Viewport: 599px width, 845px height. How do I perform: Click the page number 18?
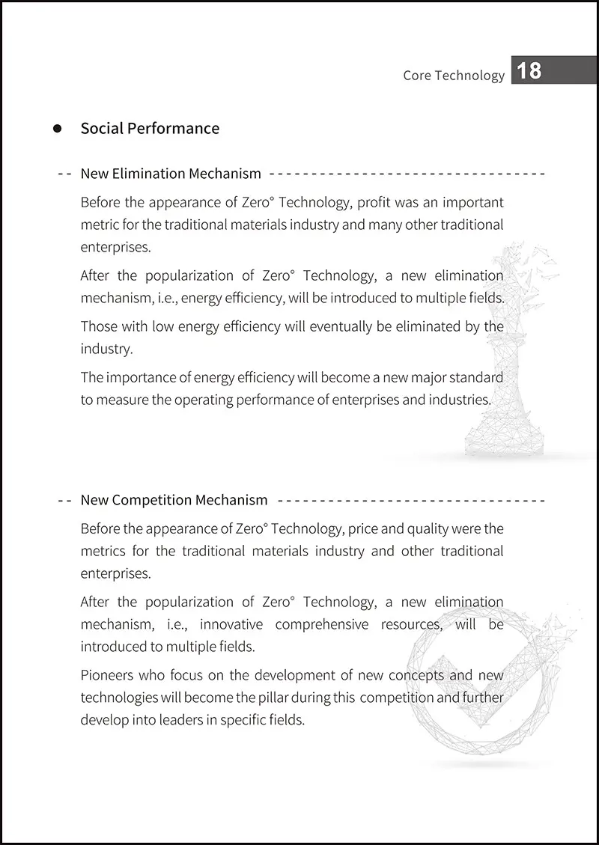[529, 70]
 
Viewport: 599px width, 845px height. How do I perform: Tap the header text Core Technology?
[454, 75]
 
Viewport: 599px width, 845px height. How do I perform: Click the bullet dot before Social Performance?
[58, 129]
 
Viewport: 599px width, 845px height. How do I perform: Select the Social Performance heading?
[150, 128]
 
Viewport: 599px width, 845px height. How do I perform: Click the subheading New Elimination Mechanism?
[171, 174]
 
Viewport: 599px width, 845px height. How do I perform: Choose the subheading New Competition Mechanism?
[174, 500]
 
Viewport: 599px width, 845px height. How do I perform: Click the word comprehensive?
[322, 624]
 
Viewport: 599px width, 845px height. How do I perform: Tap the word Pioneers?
[106, 675]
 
